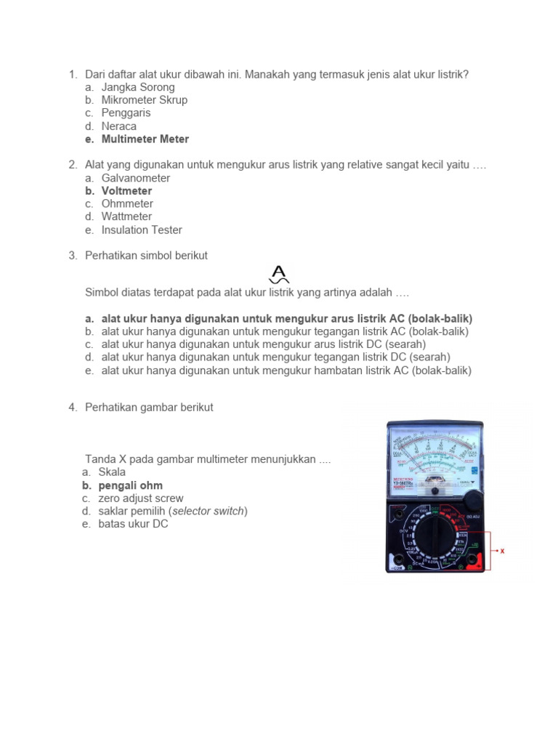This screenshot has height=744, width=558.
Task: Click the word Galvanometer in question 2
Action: [136, 178]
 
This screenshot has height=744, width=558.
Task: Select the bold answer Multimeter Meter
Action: [145, 139]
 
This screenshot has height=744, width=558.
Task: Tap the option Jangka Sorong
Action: [138, 87]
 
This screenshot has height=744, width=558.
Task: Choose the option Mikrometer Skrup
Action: [144, 100]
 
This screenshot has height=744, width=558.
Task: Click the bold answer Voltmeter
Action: [126, 191]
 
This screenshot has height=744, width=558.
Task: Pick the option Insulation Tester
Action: [142, 230]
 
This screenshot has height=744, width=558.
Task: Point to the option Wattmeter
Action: [126, 217]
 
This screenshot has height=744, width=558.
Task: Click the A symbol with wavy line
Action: [279, 275]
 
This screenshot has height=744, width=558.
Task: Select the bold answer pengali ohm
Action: [130, 485]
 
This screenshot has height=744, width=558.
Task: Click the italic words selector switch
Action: [209, 511]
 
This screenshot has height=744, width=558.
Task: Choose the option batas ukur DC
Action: [133, 524]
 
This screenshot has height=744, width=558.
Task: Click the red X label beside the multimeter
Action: [502, 551]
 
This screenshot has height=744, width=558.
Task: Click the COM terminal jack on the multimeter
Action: [397, 560]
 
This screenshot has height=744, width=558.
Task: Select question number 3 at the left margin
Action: [73, 256]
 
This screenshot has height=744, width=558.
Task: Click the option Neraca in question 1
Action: [118, 126]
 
